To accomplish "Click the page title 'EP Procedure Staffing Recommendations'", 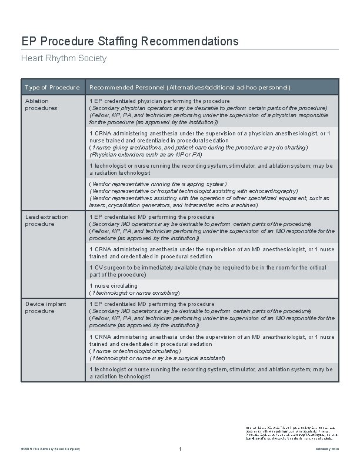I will click(130, 41).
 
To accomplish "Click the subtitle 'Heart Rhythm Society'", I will click(64, 58).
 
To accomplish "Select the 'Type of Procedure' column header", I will click(52, 88).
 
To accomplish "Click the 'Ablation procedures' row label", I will click(41, 105).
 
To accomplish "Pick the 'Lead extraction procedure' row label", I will click(46, 221).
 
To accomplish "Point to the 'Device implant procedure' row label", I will click(45, 307).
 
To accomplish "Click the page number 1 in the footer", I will click(180, 450).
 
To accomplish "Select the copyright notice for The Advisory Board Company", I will click(51, 450).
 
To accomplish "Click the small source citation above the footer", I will click(289, 432).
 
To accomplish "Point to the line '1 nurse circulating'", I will click(114, 286).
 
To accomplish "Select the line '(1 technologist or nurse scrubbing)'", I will click(134, 292).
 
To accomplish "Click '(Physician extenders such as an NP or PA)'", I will click(146, 155).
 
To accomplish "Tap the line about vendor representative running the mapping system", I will click(158, 184).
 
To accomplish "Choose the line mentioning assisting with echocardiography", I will click(193, 191).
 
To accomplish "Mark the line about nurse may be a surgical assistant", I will click(157, 358).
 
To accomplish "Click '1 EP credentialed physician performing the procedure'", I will click(159, 101).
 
